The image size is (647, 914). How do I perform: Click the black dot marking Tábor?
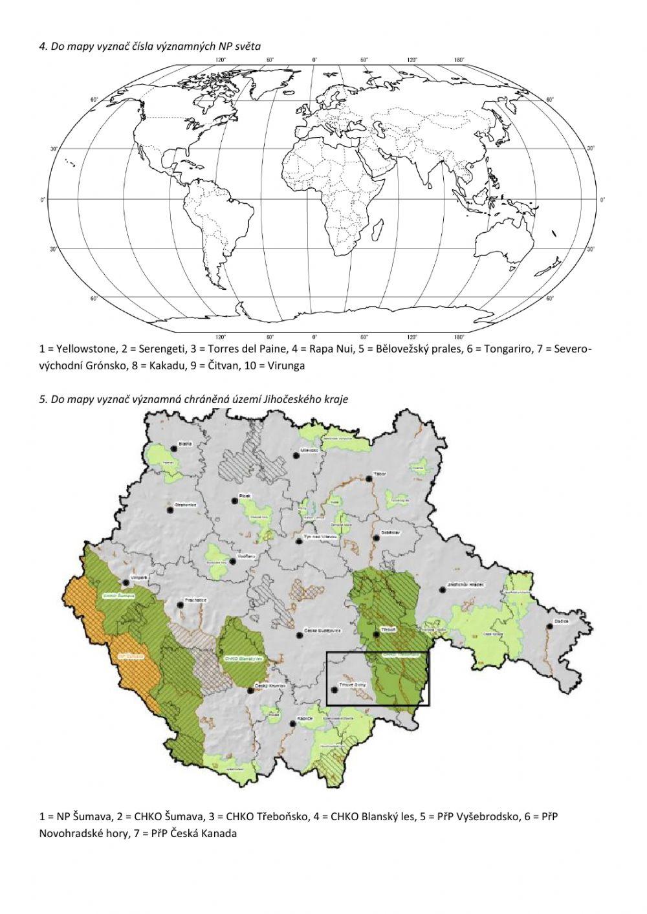pyautogui.click(x=369, y=479)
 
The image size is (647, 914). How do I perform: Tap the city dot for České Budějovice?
pyautogui.click(x=299, y=635)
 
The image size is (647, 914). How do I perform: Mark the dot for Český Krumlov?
pyautogui.click(x=250, y=691)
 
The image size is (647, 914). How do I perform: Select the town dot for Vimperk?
pyautogui.click(x=127, y=582)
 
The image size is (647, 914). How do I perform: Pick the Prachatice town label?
pyautogui.click(x=195, y=600)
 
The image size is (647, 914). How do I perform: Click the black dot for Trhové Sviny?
pyautogui.click(x=334, y=690)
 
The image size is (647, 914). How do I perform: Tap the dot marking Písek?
pyautogui.click(x=235, y=500)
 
